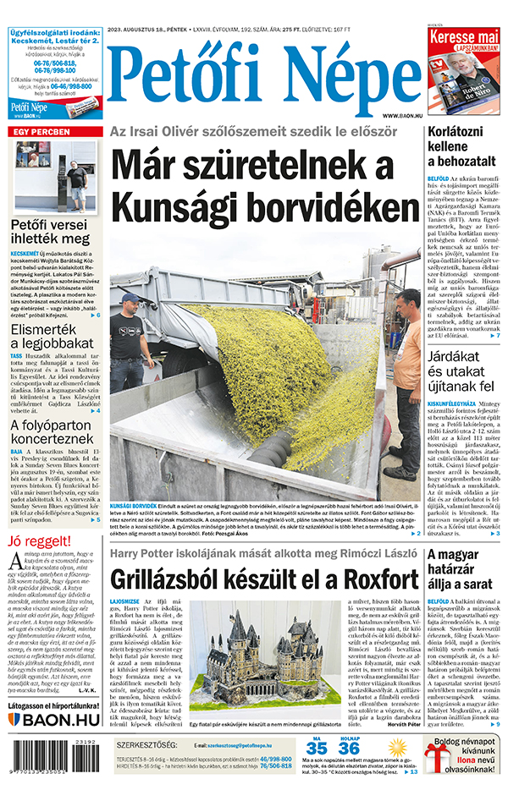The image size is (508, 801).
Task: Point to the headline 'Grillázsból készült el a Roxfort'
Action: click(x=264, y=579)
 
